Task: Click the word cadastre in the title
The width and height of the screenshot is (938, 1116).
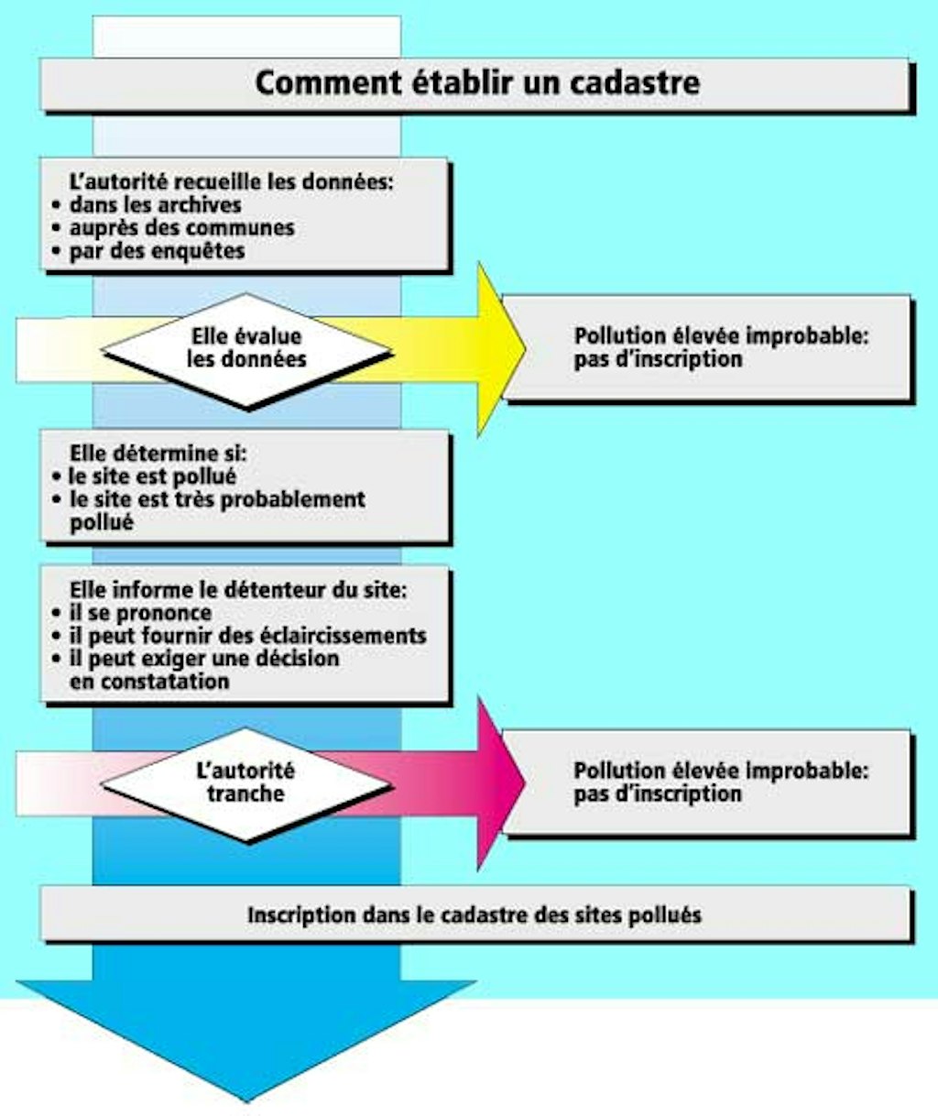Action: pos(635,82)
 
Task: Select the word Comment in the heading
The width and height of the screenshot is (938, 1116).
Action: pos(328,82)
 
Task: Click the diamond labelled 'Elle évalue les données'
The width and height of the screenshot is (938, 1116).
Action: pos(246,351)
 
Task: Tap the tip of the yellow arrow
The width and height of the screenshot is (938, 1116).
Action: pos(526,350)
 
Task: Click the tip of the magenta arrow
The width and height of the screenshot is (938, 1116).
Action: pos(526,783)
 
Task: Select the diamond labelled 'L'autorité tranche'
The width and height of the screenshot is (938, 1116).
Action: pos(246,784)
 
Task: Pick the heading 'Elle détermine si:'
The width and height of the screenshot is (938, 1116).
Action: pos(158,454)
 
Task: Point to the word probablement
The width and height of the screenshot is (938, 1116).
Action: pos(293,500)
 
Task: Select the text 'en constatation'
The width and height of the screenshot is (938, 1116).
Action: pos(149,682)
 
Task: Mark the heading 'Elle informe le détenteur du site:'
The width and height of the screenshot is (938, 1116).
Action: pos(238,591)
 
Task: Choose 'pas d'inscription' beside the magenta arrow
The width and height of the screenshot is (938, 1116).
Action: pos(658,794)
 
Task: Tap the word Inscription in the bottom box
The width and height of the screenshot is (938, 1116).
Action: pos(301,916)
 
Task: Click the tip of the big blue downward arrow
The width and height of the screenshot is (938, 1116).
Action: pos(246,1101)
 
